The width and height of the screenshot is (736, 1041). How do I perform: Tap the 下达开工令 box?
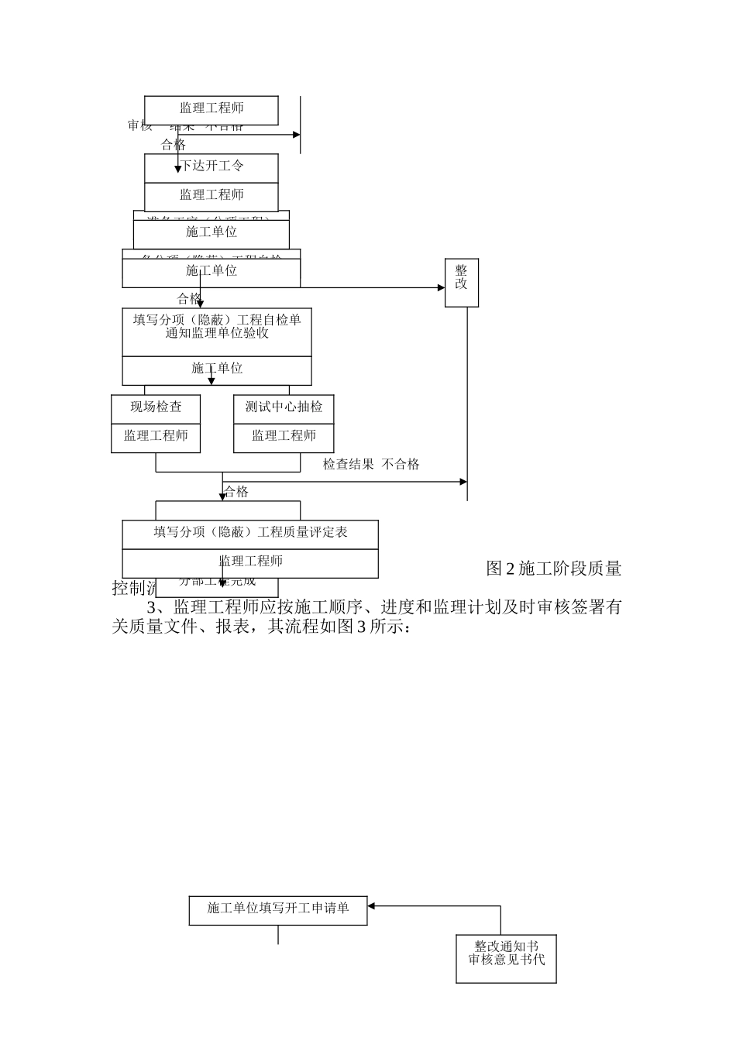pyautogui.click(x=212, y=167)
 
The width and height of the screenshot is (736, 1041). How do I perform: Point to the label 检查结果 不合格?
pyautogui.click(x=371, y=465)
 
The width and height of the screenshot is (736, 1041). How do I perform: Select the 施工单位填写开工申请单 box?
pyautogui.click(x=278, y=909)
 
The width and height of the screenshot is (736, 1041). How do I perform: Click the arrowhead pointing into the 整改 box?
pyautogui.click(x=440, y=288)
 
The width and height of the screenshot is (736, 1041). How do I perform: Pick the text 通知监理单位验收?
pyautogui.click(x=217, y=334)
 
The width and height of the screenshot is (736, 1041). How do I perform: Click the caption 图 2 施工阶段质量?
pyautogui.click(x=553, y=569)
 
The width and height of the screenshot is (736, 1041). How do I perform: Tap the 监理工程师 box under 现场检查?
pyautogui.click(x=156, y=437)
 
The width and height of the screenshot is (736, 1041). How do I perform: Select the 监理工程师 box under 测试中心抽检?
pyautogui.click(x=284, y=437)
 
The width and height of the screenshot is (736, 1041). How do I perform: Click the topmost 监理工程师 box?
pyautogui.click(x=212, y=109)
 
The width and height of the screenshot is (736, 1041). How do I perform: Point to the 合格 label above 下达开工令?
pyautogui.click(x=174, y=145)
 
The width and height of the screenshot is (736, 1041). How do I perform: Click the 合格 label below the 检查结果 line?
pyautogui.click(x=236, y=492)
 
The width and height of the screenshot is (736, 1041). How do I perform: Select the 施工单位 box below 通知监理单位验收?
pyautogui.click(x=217, y=369)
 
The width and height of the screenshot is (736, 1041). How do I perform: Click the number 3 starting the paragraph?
pyautogui.click(x=151, y=607)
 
